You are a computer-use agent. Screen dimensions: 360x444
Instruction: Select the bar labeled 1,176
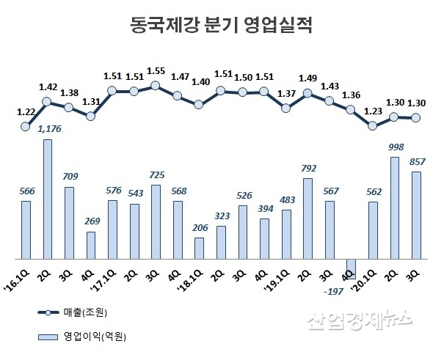47,199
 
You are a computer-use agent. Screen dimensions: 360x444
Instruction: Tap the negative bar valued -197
351,267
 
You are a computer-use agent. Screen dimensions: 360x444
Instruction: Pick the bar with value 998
394,208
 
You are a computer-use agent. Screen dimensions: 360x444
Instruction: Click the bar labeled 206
199,248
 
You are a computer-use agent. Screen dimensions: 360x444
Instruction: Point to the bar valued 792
307,218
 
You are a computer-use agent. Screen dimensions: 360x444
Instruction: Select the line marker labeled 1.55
156,86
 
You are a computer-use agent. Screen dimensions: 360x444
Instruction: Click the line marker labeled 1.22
26,126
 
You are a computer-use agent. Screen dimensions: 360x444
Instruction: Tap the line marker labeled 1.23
373,125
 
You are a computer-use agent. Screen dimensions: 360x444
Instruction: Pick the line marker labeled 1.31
90,115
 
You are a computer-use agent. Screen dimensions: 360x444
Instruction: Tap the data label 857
418,161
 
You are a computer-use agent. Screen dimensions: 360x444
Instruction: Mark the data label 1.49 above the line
307,78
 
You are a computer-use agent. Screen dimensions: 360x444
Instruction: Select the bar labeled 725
156,222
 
